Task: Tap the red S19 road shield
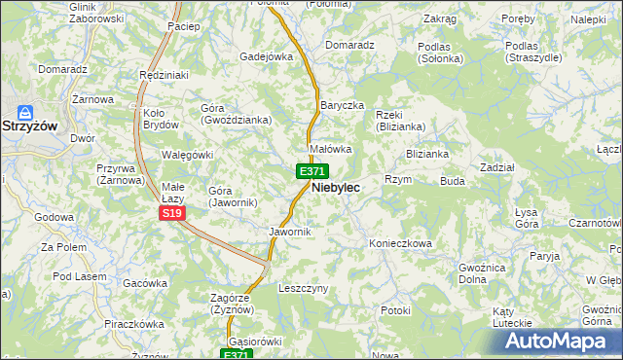coord(171,213)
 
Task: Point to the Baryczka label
coord(342,105)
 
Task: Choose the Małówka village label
coord(330,150)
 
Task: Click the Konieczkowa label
coord(399,243)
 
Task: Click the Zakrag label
coord(440,18)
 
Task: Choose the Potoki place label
coord(396,310)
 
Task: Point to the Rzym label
coord(399,180)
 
